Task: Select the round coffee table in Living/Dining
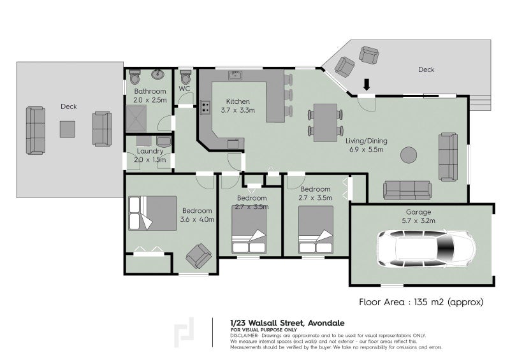408,154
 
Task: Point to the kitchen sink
235,76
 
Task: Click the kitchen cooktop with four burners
206,108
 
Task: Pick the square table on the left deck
69,129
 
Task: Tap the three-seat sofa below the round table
407,189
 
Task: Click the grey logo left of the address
186,332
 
